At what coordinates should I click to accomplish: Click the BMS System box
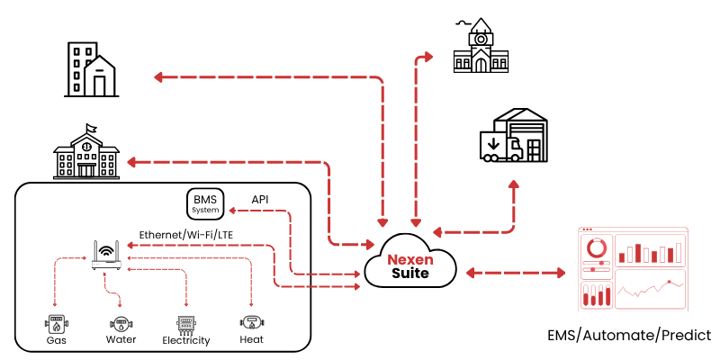[x=205, y=203]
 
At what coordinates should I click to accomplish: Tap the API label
[x=260, y=199]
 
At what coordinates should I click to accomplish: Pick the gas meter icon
[x=56, y=322]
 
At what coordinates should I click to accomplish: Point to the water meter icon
[x=120, y=322]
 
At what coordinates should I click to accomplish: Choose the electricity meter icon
[x=185, y=323]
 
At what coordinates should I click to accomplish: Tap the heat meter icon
[x=251, y=321]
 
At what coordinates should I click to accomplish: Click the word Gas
[x=56, y=340]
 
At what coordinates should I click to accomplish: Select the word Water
[x=121, y=340]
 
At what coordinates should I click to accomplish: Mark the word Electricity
[x=186, y=341]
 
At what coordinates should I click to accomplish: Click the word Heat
[x=252, y=340]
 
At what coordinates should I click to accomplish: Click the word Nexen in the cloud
[x=410, y=259]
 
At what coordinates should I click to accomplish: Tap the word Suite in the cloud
[x=410, y=273]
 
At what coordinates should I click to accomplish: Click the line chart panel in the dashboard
[x=650, y=288]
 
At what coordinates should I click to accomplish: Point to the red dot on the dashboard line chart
[x=669, y=282]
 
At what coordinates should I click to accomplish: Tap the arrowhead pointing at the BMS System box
[x=232, y=211]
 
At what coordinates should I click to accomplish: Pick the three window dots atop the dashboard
[x=588, y=229]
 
